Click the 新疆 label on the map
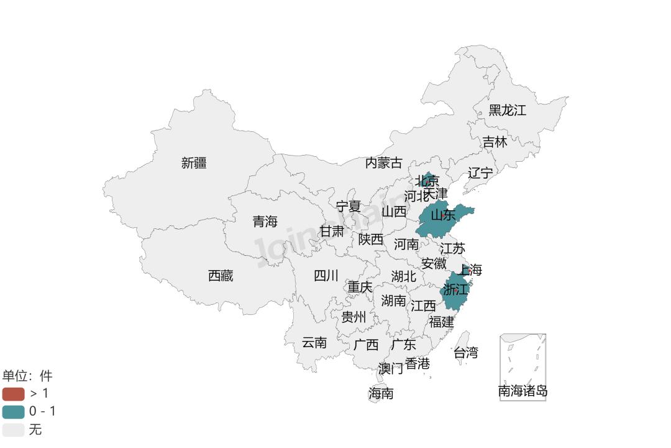[x=194, y=163]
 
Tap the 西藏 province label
[x=221, y=276]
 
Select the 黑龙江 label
[x=507, y=110]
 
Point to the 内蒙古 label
[x=383, y=163]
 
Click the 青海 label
[x=265, y=222]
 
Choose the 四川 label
[x=326, y=276]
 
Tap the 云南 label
[x=314, y=342]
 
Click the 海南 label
[x=381, y=393]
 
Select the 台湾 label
[x=465, y=353]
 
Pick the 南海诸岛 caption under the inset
[x=523, y=391]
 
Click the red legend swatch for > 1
[x=13, y=393]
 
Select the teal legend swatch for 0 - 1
[x=13, y=411]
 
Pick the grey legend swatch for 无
[x=13, y=429]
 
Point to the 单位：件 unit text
[x=27, y=376]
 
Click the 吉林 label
[x=495, y=142]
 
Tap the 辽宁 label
[x=480, y=173]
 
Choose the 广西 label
[x=365, y=345]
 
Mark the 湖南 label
[x=393, y=301]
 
